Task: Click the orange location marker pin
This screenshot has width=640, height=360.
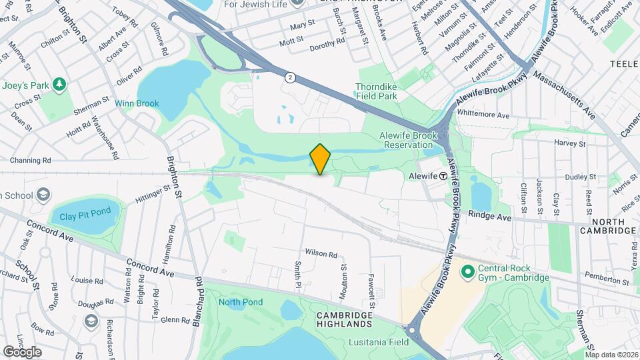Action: tap(321, 159)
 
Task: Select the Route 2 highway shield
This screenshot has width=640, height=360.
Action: tap(290, 78)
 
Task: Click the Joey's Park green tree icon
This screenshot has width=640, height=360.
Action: tap(59, 84)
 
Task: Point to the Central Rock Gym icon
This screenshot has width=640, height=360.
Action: tap(467, 272)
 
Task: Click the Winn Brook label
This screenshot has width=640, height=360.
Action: tap(137, 103)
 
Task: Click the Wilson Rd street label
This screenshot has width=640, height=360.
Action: tap(321, 253)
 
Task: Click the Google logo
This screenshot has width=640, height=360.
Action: tap(22, 351)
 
